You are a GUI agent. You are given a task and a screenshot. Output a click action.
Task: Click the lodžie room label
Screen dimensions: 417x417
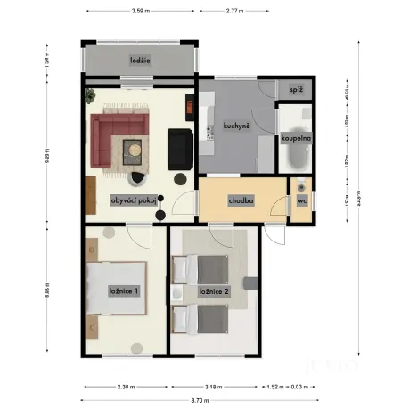coord(139,61)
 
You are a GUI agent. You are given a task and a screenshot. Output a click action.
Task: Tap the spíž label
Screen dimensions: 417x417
coord(297,90)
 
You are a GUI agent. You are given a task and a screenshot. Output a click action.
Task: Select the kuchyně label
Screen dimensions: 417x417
coord(235,127)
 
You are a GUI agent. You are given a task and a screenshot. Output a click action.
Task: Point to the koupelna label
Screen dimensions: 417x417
coord(295,139)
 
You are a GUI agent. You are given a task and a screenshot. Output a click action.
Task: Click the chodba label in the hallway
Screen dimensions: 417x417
coord(241,200)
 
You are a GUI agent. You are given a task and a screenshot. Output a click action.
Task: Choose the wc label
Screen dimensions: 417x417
coord(301,201)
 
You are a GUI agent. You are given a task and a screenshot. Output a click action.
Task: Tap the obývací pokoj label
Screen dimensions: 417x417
coord(134,200)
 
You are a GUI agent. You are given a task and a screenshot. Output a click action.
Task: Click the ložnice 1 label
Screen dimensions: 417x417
coord(123,291)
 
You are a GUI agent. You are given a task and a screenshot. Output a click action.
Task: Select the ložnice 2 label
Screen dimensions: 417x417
coord(215,291)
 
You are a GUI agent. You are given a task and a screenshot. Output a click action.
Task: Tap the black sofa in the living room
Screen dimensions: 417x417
coord(180,149)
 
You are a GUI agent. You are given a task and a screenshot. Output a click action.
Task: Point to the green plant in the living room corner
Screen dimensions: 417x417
coord(90,93)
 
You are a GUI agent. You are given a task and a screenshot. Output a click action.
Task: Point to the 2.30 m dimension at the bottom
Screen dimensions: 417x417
coord(126,387)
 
